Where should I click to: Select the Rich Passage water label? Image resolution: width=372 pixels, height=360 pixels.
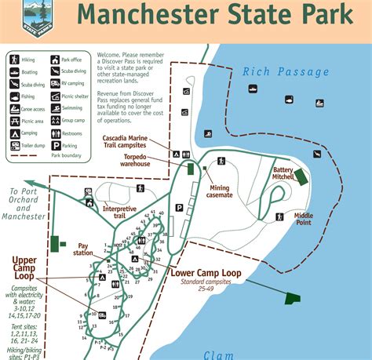(x=285, y=72)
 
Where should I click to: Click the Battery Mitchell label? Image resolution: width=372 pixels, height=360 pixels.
(x=283, y=174)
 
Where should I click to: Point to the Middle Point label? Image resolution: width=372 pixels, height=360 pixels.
(x=304, y=219)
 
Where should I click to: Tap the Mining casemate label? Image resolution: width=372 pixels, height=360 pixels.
(x=220, y=191)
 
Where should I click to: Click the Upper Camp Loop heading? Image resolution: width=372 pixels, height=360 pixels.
(x=35, y=264)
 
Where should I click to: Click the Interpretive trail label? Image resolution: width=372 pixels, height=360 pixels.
(x=119, y=213)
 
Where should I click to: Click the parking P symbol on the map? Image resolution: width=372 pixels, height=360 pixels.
(x=179, y=208)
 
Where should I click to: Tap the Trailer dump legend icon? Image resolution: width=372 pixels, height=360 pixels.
(x=15, y=145)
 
